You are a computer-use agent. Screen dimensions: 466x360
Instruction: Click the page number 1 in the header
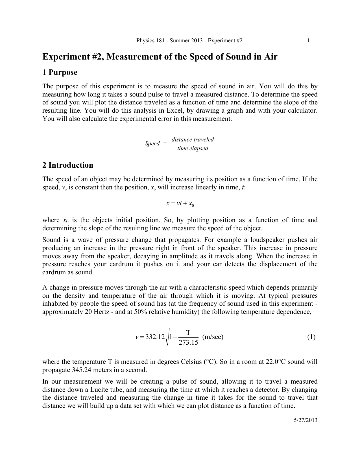tap(309, 41)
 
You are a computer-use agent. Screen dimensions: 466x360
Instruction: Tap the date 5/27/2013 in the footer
tap(306, 420)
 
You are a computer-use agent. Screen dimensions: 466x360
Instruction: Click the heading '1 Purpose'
tap(60, 73)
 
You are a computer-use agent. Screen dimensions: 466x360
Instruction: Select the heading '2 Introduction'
tap(68, 165)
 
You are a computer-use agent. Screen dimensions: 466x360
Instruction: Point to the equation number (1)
tap(311, 337)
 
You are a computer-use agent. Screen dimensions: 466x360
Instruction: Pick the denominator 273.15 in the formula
tap(189, 343)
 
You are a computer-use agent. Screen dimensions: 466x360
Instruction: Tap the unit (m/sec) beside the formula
tap(213, 337)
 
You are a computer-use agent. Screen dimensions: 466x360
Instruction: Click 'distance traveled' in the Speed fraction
tap(193, 139)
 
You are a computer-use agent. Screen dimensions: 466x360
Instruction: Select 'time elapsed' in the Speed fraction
tap(193, 148)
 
